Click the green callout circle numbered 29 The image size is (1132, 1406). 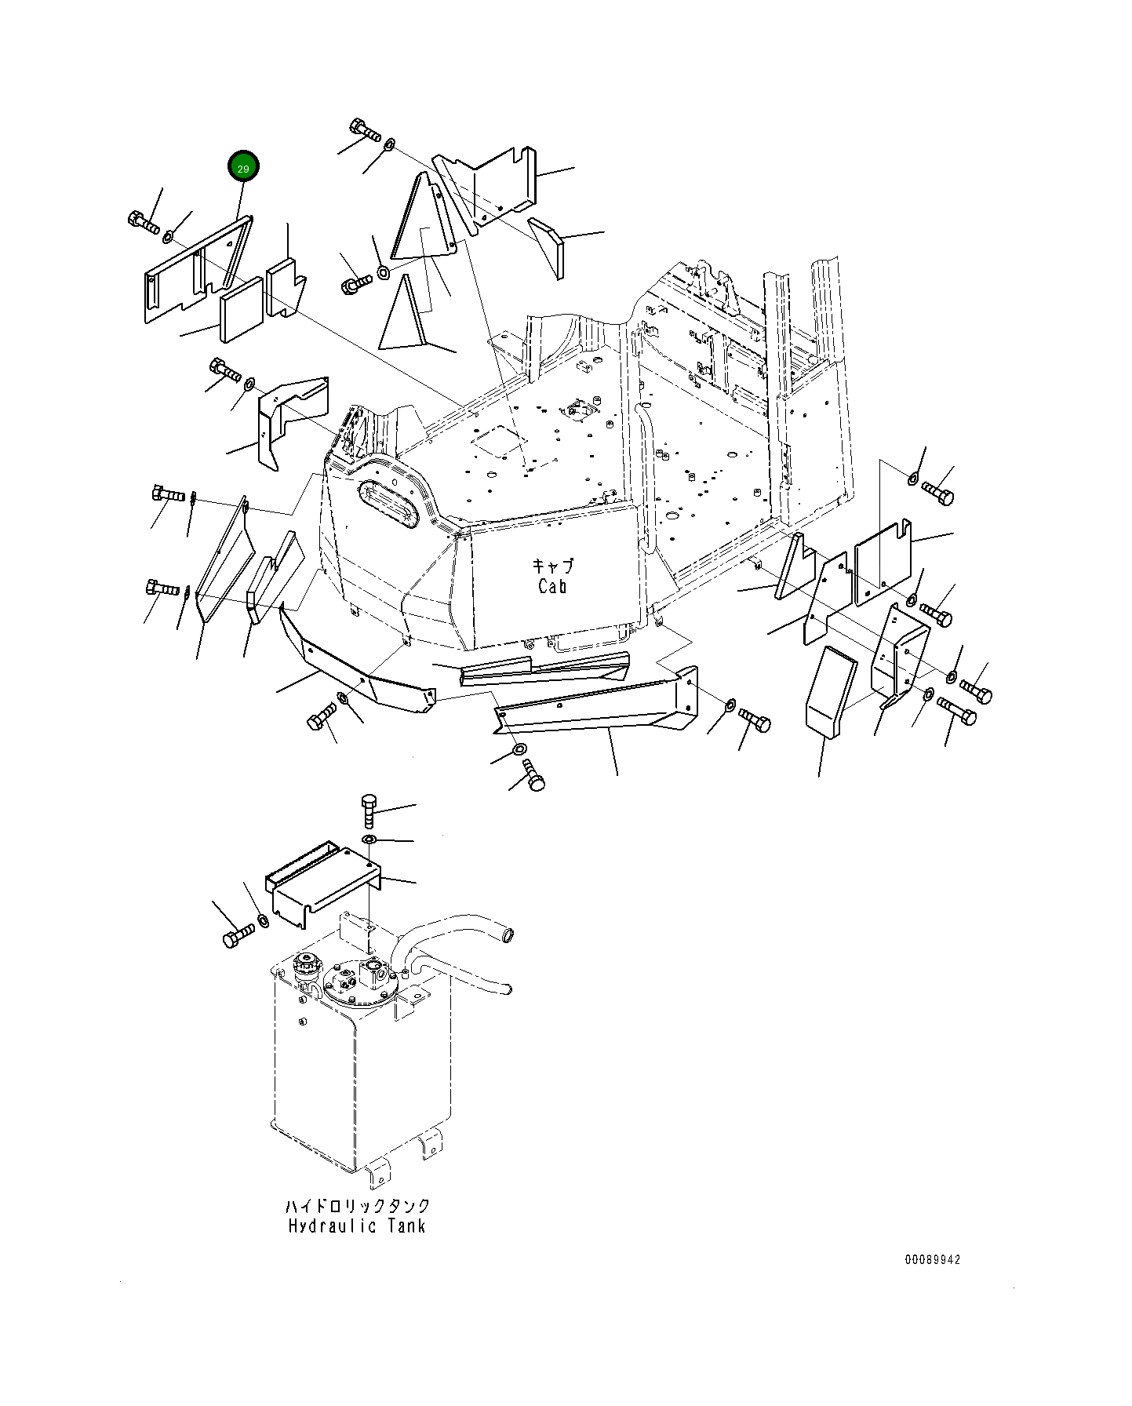(x=243, y=167)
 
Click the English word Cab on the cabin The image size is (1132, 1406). (x=552, y=586)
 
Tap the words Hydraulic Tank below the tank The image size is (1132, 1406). (x=356, y=1226)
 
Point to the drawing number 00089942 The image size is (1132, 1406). (x=932, y=1260)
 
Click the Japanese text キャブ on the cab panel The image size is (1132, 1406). (x=552, y=566)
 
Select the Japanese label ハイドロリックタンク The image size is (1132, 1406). (x=357, y=1205)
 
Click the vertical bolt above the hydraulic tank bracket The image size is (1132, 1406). (x=369, y=809)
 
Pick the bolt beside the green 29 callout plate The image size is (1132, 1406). (x=143, y=222)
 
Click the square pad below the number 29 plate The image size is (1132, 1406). (x=242, y=310)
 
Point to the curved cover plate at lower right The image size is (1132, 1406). (x=827, y=691)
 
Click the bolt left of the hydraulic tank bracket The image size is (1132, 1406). (x=238, y=935)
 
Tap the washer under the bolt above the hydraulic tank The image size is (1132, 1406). (x=369, y=841)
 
